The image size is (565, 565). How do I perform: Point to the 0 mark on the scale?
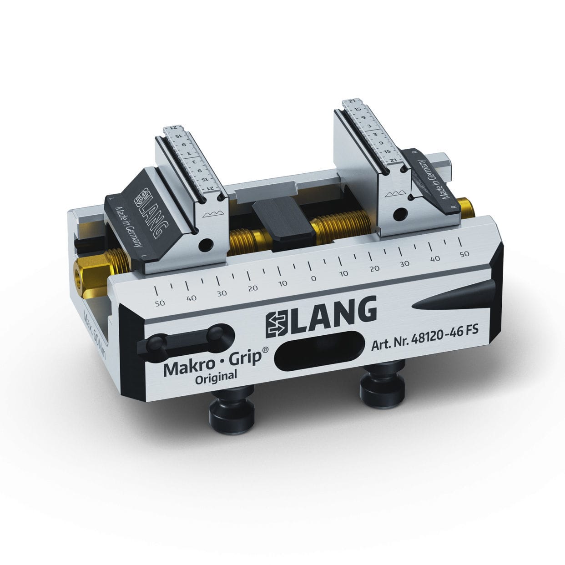(x=313, y=278)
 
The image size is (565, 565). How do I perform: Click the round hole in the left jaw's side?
(x=208, y=244)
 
